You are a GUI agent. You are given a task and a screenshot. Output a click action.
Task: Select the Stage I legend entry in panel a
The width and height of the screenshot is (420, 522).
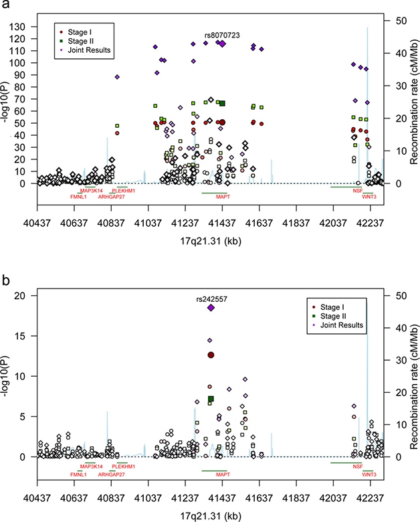click(x=83, y=30)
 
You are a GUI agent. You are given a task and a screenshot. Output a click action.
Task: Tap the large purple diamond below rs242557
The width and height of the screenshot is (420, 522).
click(x=211, y=308)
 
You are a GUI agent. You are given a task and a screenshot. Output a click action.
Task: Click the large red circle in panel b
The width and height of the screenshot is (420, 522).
click(x=211, y=355)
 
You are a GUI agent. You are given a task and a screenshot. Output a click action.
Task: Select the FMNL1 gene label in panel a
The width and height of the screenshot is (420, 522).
click(x=78, y=197)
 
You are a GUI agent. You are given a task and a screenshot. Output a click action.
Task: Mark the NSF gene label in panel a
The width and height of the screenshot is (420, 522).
click(x=358, y=191)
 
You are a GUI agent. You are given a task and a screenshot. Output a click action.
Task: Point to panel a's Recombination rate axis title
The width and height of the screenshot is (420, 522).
click(x=413, y=100)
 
